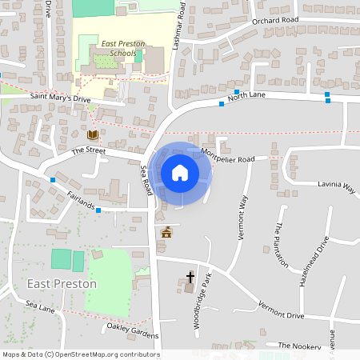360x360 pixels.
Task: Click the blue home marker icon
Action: (180, 173)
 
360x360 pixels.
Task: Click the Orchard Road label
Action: (274, 20)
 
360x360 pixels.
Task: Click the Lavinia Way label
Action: (337, 187)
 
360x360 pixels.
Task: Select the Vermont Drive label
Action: (282, 310)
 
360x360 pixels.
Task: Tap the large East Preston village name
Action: (62, 284)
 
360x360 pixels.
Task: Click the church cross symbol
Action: (190, 277)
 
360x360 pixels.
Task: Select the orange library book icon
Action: (93, 134)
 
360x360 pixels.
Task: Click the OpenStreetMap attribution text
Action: (81, 354)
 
